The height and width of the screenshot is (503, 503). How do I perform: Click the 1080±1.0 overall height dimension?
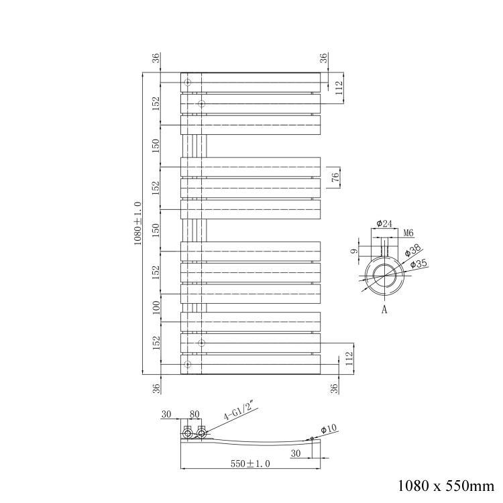(138, 223)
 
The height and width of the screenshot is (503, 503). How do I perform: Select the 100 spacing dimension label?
(156, 308)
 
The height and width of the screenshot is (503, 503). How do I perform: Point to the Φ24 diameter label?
(384, 224)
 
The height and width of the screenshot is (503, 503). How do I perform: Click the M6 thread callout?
(407, 233)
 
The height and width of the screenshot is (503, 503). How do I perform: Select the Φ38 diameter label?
(410, 252)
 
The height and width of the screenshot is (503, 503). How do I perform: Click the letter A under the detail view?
(384, 310)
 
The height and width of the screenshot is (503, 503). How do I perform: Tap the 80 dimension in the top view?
(195, 414)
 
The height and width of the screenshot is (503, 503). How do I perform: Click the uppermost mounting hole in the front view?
(188, 83)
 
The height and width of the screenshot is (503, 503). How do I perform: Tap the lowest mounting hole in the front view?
(188, 364)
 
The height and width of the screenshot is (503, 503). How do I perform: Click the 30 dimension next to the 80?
(166, 414)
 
